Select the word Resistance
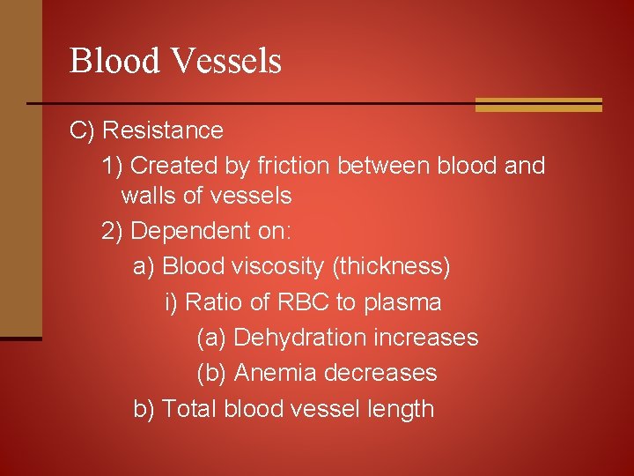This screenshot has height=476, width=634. [x=163, y=130]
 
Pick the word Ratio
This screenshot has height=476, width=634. [x=212, y=302]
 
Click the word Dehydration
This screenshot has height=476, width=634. [x=299, y=338]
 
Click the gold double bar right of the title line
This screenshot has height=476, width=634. [x=538, y=105]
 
